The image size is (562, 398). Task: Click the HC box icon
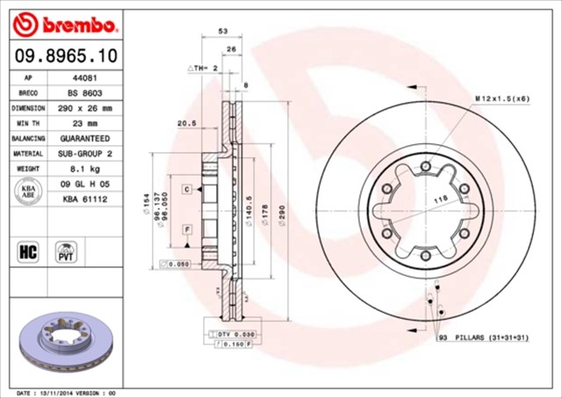26,252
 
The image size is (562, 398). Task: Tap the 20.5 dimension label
185,123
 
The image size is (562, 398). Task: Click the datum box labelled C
187,189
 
